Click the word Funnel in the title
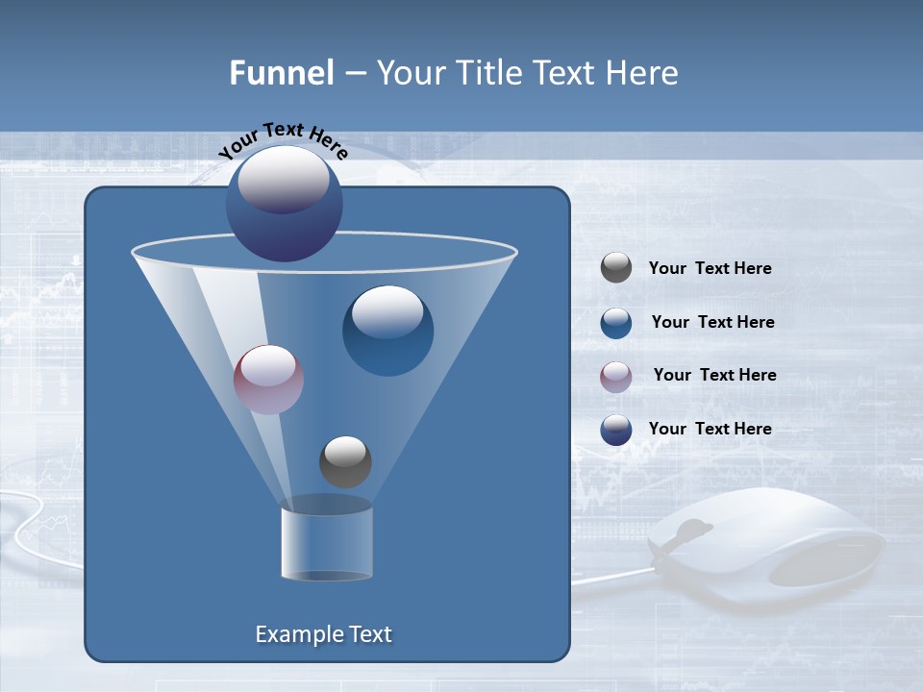click(281, 73)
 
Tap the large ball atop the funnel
click(284, 203)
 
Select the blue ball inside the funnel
click(387, 330)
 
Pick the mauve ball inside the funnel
click(268, 379)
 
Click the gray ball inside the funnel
click(345, 461)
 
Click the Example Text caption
click(323, 634)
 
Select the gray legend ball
click(615, 267)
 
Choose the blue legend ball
click(615, 323)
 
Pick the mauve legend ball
click(615, 376)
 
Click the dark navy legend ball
click(615, 430)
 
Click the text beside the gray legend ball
click(710, 268)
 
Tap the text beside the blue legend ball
click(712, 322)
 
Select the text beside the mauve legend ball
click(714, 375)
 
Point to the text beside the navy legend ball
click(710, 429)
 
